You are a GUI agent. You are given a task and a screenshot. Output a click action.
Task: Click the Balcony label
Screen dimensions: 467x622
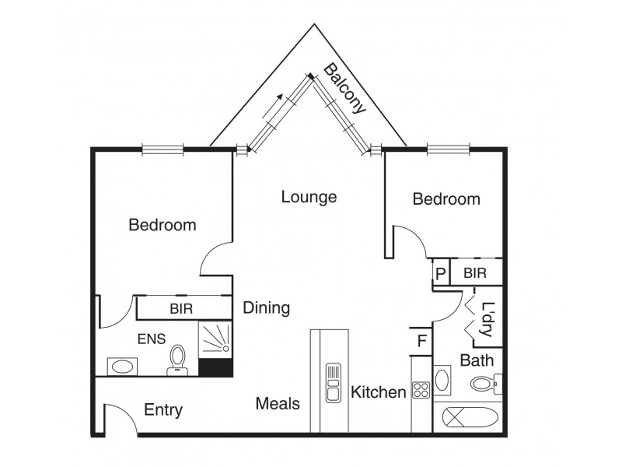tap(344, 89)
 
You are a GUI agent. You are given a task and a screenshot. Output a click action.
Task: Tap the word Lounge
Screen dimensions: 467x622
tap(309, 197)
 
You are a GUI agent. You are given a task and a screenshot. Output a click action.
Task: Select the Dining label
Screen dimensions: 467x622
tap(267, 308)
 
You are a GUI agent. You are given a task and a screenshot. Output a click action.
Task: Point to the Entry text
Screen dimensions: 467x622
tap(163, 410)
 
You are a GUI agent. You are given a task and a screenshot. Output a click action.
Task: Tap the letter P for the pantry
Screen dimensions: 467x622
tap(440, 274)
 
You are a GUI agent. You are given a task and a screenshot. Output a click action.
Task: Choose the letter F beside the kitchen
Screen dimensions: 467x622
tap(421, 341)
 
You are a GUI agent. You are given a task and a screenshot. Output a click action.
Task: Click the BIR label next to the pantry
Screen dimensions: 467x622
tap(474, 273)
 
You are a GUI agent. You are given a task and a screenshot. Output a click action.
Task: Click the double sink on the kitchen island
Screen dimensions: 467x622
tap(333, 381)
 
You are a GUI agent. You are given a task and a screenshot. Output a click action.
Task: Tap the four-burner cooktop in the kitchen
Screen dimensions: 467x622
tap(421, 390)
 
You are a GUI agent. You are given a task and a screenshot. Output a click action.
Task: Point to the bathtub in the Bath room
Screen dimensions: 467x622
tap(473, 416)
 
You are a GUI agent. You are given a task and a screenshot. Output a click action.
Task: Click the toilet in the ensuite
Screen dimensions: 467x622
tap(178, 360)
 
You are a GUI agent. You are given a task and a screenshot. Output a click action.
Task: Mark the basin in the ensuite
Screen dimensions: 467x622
tap(123, 366)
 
